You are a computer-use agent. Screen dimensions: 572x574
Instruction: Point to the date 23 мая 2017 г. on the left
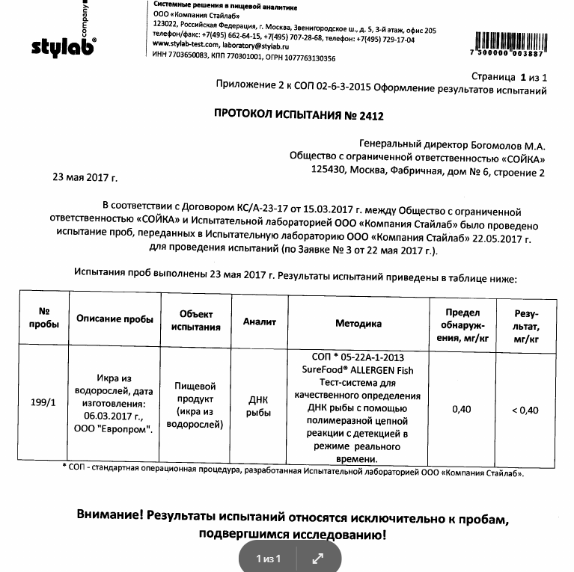point(85,177)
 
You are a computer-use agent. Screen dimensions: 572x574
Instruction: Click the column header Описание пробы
point(115,319)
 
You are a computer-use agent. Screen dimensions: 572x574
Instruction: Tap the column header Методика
point(358,324)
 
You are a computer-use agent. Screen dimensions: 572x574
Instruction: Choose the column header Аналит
point(259,322)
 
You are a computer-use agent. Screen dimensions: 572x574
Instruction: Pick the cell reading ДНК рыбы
point(259,407)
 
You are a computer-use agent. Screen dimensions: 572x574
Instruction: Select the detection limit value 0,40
point(462,409)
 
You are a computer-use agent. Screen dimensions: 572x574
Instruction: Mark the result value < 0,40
point(525,409)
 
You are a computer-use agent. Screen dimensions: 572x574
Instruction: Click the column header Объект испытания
point(195,320)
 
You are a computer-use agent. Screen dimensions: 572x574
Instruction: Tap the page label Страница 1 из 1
point(509,77)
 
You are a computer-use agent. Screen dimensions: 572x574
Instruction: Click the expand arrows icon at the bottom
point(317,558)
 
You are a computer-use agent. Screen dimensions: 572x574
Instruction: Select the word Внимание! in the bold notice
point(109,517)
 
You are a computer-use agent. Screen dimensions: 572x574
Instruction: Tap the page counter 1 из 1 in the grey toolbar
point(268,559)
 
